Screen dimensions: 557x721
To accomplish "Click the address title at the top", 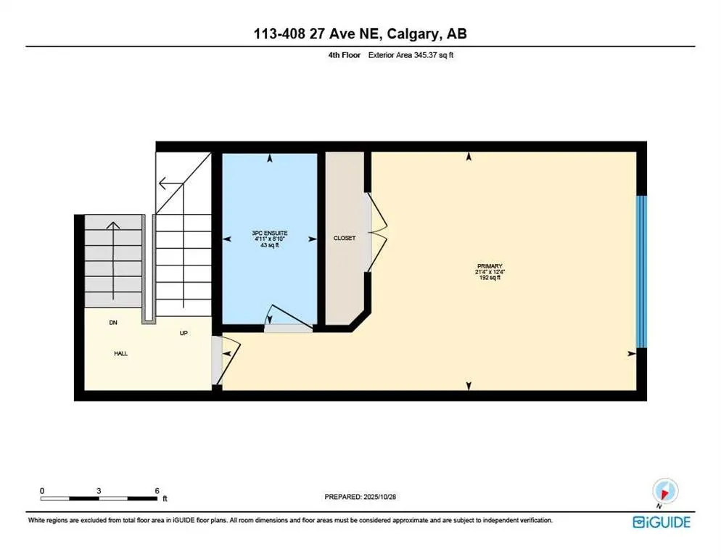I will pyautogui.click(x=360, y=34).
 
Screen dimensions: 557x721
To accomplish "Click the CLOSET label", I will pyautogui.click(x=345, y=238).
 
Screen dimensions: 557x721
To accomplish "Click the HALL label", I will pyautogui.click(x=120, y=354).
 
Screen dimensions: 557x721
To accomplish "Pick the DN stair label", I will pyautogui.click(x=113, y=323).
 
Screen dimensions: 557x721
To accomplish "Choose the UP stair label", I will pyautogui.click(x=184, y=334).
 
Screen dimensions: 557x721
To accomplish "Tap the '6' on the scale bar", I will pyautogui.click(x=157, y=490).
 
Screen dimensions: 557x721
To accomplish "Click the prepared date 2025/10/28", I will pyautogui.click(x=360, y=497).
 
